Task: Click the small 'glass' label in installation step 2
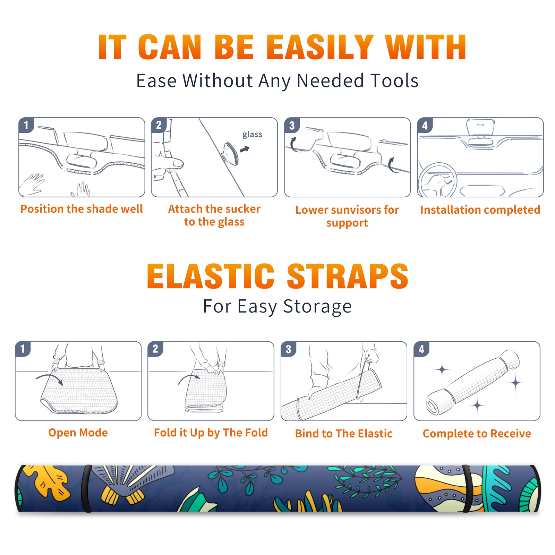point(252,135)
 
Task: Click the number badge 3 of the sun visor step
point(292,126)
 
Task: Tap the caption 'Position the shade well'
point(82,209)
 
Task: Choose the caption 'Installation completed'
point(480,210)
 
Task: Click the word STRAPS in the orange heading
point(348,276)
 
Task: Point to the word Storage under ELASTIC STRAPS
point(317,307)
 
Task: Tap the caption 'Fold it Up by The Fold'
point(211,433)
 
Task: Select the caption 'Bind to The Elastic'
point(344,434)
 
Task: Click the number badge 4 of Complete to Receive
point(421,349)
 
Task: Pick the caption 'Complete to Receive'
point(477,434)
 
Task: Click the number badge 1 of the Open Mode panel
point(23,349)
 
